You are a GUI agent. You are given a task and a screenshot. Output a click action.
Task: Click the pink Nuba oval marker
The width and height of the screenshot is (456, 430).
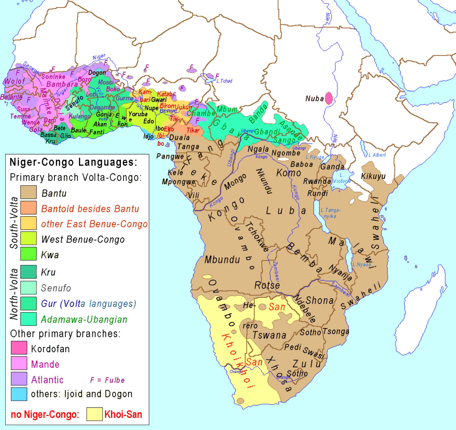[329, 98]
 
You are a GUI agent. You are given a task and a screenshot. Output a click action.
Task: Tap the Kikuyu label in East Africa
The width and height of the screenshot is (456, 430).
[373, 176]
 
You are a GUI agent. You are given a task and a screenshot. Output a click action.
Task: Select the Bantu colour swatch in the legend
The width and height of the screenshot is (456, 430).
[28, 193]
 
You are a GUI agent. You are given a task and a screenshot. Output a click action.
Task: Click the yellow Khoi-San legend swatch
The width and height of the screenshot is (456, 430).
[94, 414]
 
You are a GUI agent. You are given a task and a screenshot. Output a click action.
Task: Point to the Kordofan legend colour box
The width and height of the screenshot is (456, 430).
[19, 348]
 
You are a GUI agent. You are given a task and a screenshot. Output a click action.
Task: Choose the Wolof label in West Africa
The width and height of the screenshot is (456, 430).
[14, 81]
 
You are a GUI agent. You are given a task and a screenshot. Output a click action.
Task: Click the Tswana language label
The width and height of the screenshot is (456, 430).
[269, 335]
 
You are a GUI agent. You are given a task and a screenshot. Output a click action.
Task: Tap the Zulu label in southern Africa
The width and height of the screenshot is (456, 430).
[307, 364]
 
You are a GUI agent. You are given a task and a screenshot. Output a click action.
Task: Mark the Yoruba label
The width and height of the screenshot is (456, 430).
[138, 114]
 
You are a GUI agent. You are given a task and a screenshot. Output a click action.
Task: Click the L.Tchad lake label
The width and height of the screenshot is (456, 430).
[224, 81]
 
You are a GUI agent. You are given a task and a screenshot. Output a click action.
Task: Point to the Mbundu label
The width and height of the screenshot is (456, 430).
[222, 260]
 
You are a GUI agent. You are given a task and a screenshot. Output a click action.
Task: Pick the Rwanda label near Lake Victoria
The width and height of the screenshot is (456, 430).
[317, 181]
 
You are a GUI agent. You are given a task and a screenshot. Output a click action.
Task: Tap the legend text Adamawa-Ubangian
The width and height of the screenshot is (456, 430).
[84, 319]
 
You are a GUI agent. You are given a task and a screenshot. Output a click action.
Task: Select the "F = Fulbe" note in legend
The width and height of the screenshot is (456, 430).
[107, 380]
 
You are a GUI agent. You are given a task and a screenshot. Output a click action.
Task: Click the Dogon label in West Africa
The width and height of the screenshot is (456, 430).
[97, 73]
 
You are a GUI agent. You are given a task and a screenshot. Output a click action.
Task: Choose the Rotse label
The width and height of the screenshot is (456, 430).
[267, 285]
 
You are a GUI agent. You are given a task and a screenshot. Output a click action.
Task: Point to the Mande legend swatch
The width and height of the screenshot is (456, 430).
[19, 364]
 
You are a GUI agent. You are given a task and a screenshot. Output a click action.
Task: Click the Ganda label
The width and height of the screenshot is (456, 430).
[332, 166]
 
